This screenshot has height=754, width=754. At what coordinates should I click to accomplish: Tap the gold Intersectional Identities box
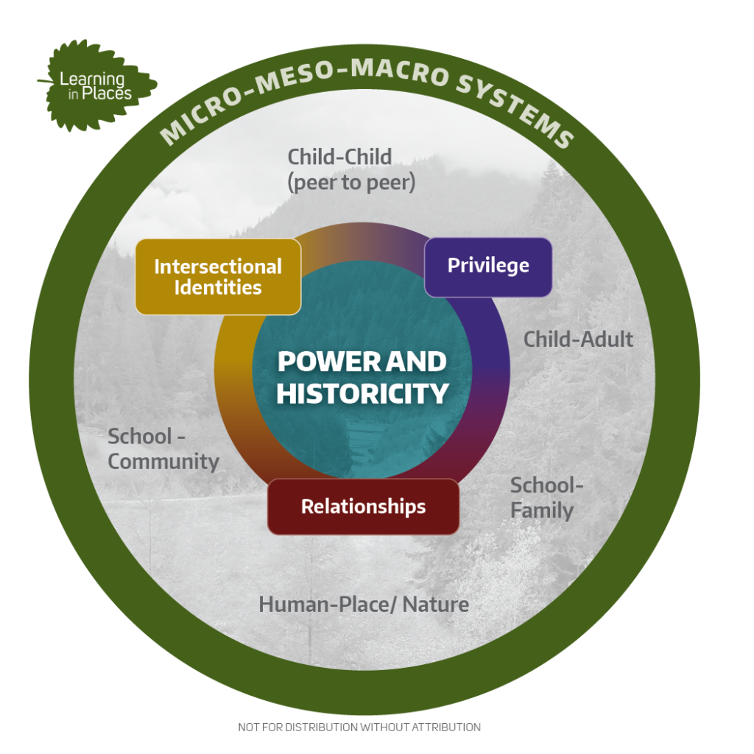tap(218, 277)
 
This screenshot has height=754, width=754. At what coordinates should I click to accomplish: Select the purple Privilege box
tap(488, 267)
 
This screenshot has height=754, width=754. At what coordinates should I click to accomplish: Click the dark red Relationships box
tap(363, 507)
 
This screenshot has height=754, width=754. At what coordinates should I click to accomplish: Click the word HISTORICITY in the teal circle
tap(362, 394)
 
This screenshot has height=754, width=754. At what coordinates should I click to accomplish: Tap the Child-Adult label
tap(578, 339)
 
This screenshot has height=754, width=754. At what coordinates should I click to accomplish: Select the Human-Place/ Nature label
tap(364, 605)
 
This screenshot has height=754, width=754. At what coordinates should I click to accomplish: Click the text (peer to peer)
tap(351, 183)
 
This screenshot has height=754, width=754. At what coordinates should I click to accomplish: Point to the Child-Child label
tap(339, 157)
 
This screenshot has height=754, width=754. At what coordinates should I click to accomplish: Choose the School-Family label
tap(547, 498)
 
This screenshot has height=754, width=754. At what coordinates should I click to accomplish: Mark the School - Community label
tap(163, 449)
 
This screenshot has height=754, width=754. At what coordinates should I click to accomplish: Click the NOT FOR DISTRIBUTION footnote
tap(359, 727)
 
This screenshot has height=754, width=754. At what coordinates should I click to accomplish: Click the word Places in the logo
tap(107, 94)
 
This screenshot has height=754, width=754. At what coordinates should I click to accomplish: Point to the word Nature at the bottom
tap(436, 605)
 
